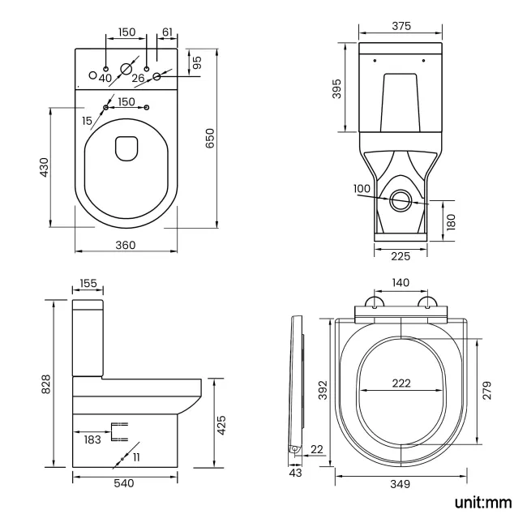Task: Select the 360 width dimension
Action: pyautogui.click(x=124, y=245)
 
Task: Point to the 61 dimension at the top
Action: pyautogui.click(x=167, y=32)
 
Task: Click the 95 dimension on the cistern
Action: pyautogui.click(x=196, y=61)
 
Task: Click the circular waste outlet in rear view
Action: pyautogui.click(x=399, y=199)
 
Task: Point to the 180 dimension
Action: pyautogui.click(x=451, y=221)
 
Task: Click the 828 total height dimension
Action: pyautogui.click(x=46, y=383)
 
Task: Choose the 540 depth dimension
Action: pyautogui.click(x=124, y=483)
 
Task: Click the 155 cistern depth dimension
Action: pyautogui.click(x=88, y=284)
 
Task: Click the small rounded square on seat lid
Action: pyautogui.click(x=126, y=148)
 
